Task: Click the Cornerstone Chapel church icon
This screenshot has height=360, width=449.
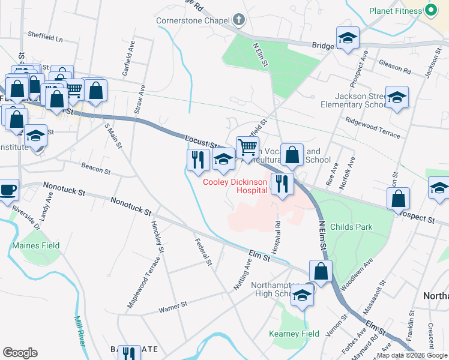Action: click(x=239, y=20)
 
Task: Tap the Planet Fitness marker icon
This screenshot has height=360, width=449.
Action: click(x=430, y=10)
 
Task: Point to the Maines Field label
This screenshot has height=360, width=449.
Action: click(x=36, y=245)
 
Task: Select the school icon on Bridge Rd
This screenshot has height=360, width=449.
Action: click(x=348, y=38)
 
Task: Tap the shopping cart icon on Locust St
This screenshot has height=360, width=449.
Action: click(x=247, y=147)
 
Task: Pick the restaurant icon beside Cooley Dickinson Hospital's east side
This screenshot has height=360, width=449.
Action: click(x=282, y=184)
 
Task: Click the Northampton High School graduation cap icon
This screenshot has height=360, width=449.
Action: click(x=303, y=295)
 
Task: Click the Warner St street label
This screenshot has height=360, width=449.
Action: click(x=173, y=306)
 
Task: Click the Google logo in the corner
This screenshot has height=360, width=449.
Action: click(x=20, y=353)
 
